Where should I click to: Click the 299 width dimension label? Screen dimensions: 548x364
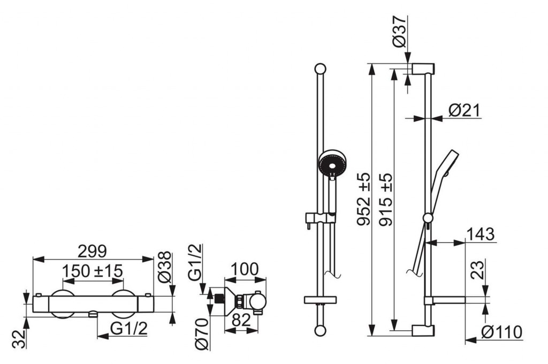point(92,251)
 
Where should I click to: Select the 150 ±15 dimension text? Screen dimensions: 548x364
point(93,271)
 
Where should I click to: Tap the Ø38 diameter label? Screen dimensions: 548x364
point(165,267)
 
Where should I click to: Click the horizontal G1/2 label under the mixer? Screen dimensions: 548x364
point(129,329)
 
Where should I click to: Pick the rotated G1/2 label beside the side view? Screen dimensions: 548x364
point(195,262)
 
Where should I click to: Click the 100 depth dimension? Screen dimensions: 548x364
point(245,269)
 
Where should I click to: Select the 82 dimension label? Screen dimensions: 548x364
point(241,320)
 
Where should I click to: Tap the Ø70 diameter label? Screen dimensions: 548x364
point(202,333)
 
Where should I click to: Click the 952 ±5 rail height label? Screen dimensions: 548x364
point(363,199)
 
